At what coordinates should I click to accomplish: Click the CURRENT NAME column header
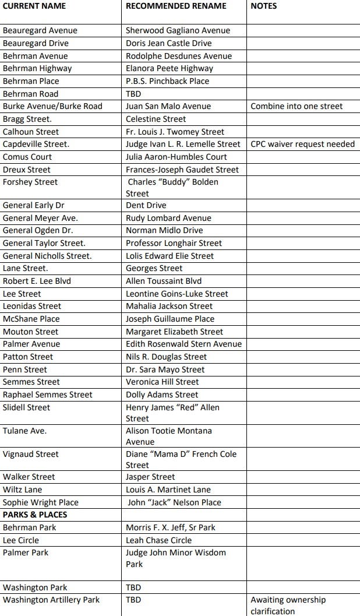click(34, 6)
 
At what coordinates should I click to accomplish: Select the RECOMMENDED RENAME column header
click(176, 6)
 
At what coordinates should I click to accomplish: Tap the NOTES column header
click(264, 6)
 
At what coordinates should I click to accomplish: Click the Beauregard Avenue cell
click(40, 30)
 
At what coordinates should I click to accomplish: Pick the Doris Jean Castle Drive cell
click(169, 43)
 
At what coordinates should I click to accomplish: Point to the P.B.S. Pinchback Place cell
click(167, 81)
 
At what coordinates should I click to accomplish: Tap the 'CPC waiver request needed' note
click(302, 144)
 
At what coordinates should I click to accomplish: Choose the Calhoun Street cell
click(31, 132)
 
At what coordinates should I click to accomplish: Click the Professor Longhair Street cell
click(174, 243)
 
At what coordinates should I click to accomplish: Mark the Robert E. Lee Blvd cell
click(37, 281)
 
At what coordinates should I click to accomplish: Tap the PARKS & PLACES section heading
click(35, 515)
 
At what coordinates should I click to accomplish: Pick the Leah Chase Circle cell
click(158, 540)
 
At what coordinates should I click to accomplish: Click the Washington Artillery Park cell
click(51, 600)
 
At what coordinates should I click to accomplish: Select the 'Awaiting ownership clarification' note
click(288, 606)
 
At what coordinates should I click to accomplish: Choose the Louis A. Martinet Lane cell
click(168, 490)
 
